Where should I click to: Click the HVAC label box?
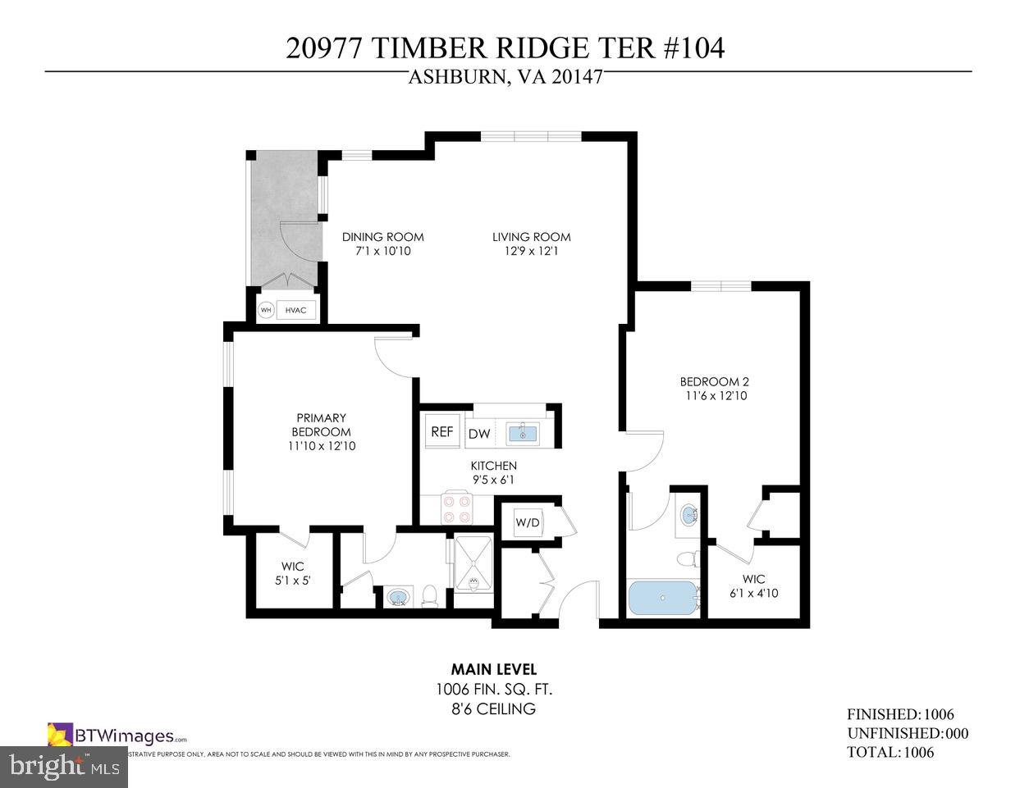click(295, 311)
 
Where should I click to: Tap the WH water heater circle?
click(266, 311)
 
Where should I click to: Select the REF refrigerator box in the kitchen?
click(442, 431)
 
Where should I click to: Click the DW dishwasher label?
click(478, 434)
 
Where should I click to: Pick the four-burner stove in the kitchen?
click(457, 508)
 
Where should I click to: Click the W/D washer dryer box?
click(528, 522)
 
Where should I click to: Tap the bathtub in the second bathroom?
click(663, 599)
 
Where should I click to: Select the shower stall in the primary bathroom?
click(474, 563)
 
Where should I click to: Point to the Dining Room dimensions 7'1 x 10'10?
click(382, 251)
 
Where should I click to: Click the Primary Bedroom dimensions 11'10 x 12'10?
click(321, 446)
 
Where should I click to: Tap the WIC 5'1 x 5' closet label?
click(292, 573)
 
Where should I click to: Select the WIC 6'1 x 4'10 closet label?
click(753, 586)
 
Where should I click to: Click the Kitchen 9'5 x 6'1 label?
click(493, 473)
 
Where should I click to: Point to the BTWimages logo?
click(117, 735)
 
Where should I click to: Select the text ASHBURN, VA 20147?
click(505, 78)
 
